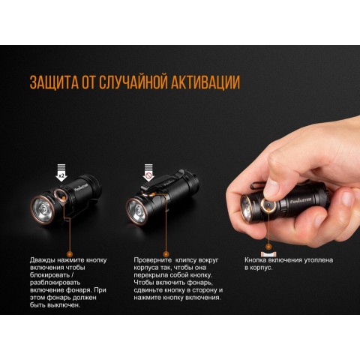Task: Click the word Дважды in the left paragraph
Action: coord(44,260)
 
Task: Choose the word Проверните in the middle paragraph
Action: coord(155,260)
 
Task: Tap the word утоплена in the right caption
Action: coord(317,260)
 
